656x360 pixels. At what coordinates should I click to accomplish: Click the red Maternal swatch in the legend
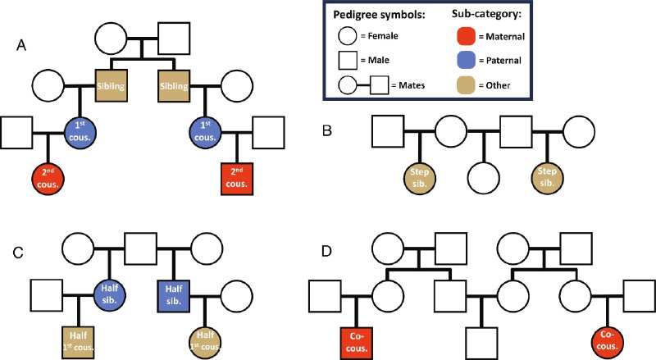[466, 36]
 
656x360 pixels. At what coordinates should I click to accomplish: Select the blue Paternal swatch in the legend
[466, 60]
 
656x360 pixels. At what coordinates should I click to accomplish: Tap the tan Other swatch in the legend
[466, 85]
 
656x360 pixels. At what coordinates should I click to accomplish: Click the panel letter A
[21, 44]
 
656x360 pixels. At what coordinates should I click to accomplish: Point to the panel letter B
[327, 130]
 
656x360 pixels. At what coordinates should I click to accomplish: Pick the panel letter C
[18, 253]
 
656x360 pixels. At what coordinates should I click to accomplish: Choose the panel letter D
[326, 251]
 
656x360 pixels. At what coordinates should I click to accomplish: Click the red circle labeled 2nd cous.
[48, 179]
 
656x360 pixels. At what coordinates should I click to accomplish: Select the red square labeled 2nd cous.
[237, 179]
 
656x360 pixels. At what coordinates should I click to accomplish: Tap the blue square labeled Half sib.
[174, 296]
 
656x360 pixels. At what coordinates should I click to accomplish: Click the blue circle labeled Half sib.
[110, 296]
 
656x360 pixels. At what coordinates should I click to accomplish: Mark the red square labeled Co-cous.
[357, 343]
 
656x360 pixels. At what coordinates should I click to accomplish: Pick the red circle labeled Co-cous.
[608, 342]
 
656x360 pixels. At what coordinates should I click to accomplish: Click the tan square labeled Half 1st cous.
[78, 343]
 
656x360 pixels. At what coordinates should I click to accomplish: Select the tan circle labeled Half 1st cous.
[205, 343]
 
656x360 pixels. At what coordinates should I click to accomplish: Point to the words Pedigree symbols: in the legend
[379, 15]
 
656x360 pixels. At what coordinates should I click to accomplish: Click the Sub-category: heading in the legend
[487, 14]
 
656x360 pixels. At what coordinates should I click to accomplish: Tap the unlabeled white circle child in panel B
[484, 178]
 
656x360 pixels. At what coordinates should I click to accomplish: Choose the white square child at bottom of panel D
[482, 343]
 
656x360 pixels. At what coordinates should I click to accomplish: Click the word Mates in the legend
[412, 85]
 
